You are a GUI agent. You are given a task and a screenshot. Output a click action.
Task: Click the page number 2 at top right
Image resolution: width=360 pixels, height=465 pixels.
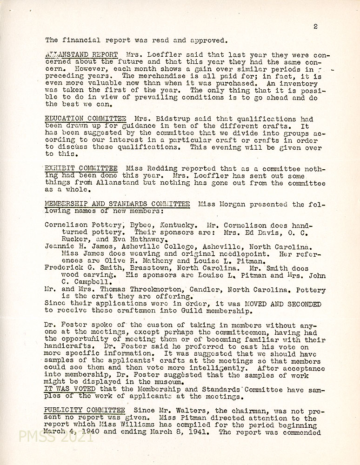tap(315, 26)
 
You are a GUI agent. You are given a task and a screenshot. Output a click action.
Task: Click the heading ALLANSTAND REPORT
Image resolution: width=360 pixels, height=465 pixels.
tap(81, 54)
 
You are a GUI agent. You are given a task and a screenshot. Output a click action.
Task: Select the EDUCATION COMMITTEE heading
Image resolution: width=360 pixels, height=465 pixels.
tap(85, 119)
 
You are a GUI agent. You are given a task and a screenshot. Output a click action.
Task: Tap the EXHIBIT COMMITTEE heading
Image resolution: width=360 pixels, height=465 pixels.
tap(81, 168)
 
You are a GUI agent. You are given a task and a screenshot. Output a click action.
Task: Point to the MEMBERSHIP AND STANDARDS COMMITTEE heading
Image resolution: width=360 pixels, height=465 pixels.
tap(117, 204)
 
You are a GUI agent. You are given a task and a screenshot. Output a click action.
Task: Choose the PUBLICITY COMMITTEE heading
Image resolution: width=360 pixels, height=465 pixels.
tap(85, 410)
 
